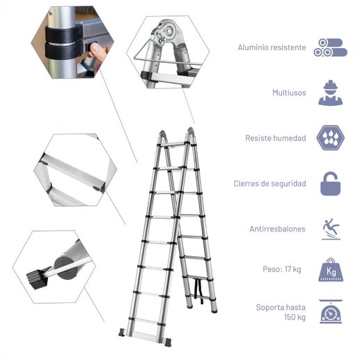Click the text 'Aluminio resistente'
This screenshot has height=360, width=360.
[x=272, y=47]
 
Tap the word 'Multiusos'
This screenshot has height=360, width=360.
[x=289, y=93]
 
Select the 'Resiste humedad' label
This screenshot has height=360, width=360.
[x=276, y=138]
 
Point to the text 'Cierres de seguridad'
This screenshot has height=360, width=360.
[x=269, y=184]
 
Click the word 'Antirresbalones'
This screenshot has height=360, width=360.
[x=277, y=229]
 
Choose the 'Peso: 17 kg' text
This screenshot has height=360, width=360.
[x=282, y=269]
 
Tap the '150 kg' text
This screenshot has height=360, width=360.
[x=295, y=317]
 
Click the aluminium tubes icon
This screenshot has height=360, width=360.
[x=330, y=47]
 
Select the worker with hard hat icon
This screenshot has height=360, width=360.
[x=331, y=93]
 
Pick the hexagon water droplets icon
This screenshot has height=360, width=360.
[x=331, y=138]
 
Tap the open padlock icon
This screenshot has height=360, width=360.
[x=331, y=184]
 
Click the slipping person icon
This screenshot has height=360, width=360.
[x=331, y=229]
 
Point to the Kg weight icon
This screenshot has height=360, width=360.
[x=331, y=269]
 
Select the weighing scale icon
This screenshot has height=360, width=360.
[x=331, y=311]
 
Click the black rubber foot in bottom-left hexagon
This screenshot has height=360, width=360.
[x=37, y=279]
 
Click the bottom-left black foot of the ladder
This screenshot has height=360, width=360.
[x=122, y=332]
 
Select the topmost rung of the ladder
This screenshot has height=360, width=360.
[x=172, y=143]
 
